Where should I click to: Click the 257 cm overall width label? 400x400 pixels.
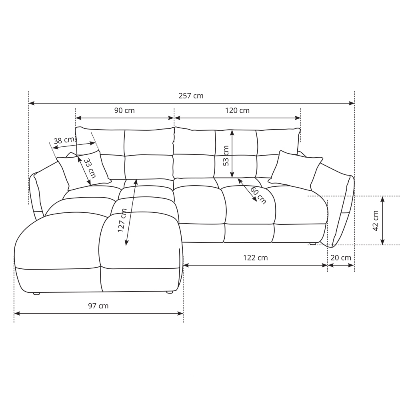(x=191, y=96)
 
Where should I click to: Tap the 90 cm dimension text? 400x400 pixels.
(x=124, y=110)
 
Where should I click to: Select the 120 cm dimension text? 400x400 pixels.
(x=237, y=110)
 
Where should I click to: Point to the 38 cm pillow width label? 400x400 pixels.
(x=64, y=140)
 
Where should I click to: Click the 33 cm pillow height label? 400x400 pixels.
(x=90, y=168)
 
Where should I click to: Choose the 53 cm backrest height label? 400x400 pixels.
(x=226, y=156)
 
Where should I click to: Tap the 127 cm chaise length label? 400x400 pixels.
(x=122, y=220)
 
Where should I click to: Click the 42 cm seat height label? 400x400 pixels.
(x=376, y=221)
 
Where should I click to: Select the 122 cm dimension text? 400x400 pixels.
(x=255, y=258)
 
